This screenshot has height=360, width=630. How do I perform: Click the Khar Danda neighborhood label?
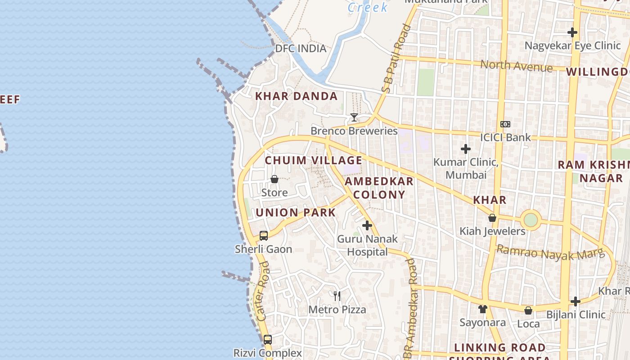tap(297, 96)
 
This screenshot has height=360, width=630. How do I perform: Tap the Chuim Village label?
tap(313, 160)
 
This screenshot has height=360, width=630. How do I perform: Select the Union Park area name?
tap(296, 212)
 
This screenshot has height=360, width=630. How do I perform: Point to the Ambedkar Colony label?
tap(379, 188)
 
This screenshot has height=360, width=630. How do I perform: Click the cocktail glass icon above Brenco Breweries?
tap(354, 117)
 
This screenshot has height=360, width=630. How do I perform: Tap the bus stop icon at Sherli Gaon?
tap(264, 236)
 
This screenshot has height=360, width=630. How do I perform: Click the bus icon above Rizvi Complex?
tap(268, 340)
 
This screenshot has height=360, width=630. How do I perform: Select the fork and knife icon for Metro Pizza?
tap(337, 296)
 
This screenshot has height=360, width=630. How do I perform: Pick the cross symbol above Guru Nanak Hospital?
tap(367, 225)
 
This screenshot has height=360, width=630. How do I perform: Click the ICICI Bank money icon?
tap(505, 124)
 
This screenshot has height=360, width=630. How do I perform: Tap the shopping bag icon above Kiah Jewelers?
tap(492, 218)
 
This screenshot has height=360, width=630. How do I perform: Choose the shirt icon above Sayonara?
tap(483, 309)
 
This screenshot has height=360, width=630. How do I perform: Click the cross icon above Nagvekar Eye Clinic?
tap(572, 32)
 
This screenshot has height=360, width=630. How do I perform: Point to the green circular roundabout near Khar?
tap(531, 220)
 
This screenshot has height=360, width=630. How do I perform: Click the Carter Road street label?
tap(264, 291)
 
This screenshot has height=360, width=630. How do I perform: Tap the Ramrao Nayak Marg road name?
tap(550, 253)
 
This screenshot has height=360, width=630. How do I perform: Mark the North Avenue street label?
tap(516, 66)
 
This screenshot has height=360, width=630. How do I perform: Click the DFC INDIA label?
tap(301, 48)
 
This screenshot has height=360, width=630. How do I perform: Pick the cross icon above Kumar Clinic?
tap(466, 149)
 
